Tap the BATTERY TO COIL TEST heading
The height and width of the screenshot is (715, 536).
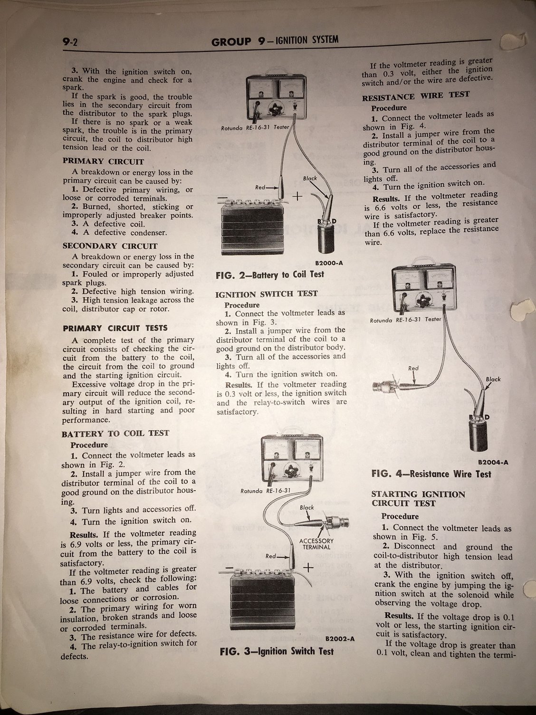pyautogui.click(x=115, y=434)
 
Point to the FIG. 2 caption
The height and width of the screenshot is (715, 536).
pyautogui.click(x=270, y=274)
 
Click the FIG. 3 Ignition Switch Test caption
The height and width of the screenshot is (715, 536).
pyautogui.click(x=277, y=651)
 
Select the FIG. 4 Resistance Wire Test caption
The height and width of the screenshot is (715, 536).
pyautogui.click(x=431, y=473)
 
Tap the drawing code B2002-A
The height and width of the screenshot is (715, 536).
pyautogui.click(x=340, y=638)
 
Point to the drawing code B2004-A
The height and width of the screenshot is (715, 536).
pyautogui.click(x=493, y=462)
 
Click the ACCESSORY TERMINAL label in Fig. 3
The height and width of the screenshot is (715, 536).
pyautogui.click(x=316, y=543)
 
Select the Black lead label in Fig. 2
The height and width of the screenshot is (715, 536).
pyautogui.click(x=310, y=178)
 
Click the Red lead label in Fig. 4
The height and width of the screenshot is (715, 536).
pyautogui.click(x=413, y=368)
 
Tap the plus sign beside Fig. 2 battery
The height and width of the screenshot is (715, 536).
pyautogui.click(x=298, y=196)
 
